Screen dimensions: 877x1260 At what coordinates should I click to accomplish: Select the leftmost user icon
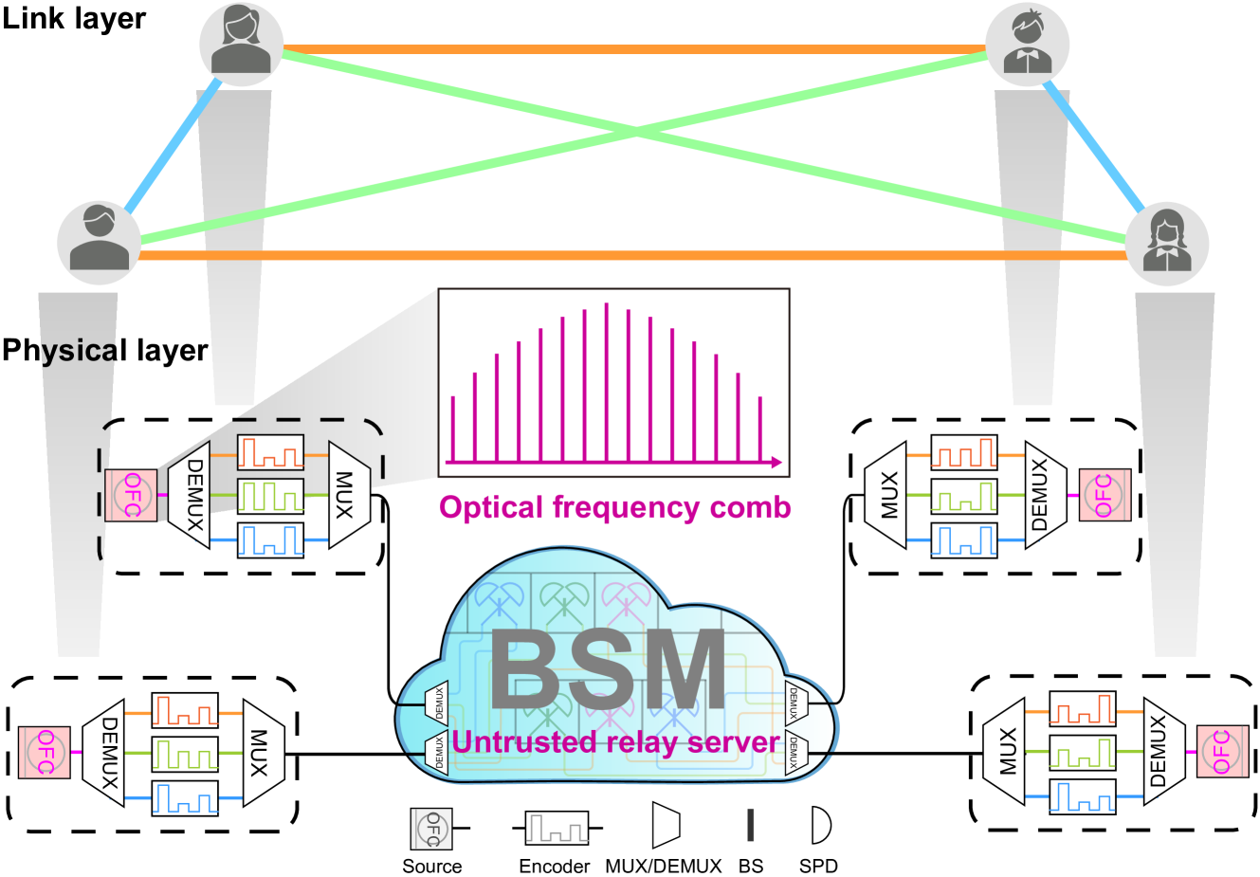click(99, 243)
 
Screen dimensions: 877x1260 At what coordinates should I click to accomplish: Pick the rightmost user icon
click(1167, 243)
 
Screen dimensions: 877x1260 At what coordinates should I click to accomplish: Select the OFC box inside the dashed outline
click(131, 495)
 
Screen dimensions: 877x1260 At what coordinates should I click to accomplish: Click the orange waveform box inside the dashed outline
click(270, 452)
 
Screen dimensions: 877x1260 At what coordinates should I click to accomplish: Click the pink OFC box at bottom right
click(1222, 751)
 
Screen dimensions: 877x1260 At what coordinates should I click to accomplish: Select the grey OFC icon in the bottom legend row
click(431, 829)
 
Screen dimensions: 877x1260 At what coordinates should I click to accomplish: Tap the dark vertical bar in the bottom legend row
click(751, 825)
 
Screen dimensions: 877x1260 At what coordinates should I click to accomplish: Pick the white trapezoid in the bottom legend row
click(666, 825)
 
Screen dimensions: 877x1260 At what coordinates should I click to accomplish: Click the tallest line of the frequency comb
click(606, 383)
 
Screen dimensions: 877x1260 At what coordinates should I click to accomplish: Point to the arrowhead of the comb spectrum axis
click(776, 463)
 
